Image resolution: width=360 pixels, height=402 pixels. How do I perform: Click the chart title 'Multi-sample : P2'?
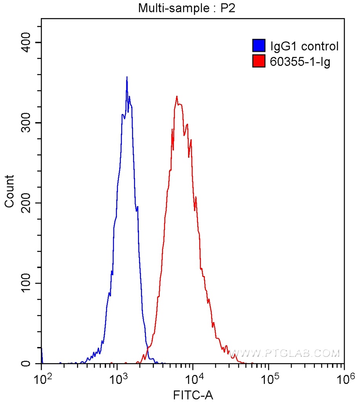pos(186,8)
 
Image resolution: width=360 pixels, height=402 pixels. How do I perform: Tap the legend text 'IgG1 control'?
pos(304,46)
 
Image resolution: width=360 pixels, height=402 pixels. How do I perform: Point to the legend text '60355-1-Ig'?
pos(300,61)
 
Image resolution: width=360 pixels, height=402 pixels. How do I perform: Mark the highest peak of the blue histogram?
pos(127,77)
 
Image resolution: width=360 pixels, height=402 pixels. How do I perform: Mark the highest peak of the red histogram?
pos(177,96)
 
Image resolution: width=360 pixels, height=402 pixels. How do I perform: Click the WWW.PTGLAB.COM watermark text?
pos(284,353)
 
